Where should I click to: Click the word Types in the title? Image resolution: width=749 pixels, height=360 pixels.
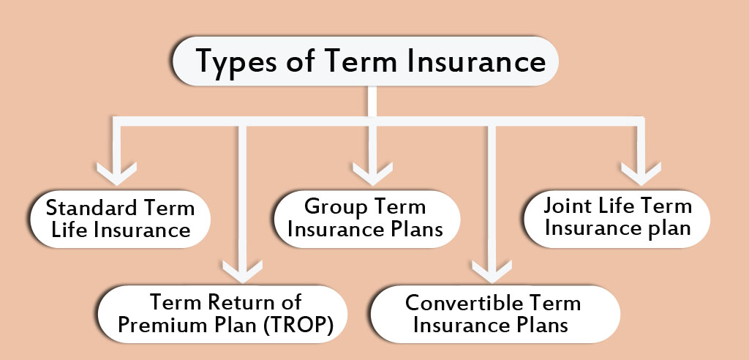pyautogui.click(x=236, y=61)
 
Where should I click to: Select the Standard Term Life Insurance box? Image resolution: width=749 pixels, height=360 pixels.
pyautogui.click(x=121, y=219)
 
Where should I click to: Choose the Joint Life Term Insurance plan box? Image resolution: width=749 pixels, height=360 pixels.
pyautogui.click(x=617, y=219)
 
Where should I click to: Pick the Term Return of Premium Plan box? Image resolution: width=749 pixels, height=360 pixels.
pyautogui.click(x=222, y=314)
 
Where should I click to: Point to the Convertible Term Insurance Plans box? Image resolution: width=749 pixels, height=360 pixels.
pyautogui.click(x=495, y=314)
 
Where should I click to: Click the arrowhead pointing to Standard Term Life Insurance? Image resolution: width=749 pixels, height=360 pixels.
pyautogui.click(x=116, y=173)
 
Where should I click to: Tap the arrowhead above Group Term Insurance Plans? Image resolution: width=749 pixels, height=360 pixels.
pyautogui.click(x=372, y=173)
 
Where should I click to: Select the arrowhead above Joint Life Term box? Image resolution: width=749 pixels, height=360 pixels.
pyautogui.click(x=641, y=173)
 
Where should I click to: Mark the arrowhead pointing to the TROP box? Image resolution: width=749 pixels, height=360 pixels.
pyautogui.click(x=243, y=271)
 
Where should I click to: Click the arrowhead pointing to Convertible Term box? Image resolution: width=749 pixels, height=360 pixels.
pyautogui.click(x=492, y=271)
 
